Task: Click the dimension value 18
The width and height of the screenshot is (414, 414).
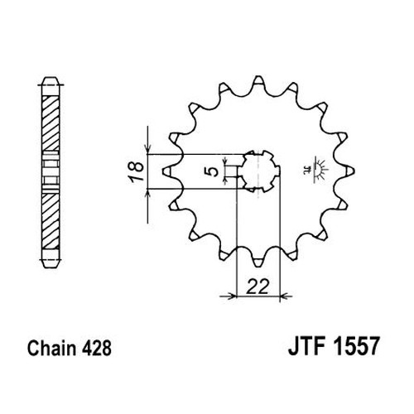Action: (x=137, y=171)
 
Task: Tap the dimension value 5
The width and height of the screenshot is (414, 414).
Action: (x=211, y=171)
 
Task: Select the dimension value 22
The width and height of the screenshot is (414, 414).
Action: (x=258, y=286)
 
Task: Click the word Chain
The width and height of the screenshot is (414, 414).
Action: (x=51, y=348)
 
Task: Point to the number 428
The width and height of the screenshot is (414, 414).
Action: (x=96, y=348)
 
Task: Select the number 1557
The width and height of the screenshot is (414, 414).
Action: (x=357, y=346)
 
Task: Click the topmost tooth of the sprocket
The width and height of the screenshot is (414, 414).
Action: (x=258, y=80)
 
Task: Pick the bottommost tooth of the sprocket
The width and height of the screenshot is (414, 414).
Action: (x=258, y=262)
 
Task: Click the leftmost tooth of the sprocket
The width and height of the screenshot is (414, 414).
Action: (x=166, y=171)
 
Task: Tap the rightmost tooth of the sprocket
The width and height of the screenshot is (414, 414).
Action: (x=349, y=171)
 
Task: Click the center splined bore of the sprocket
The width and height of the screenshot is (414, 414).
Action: (x=258, y=171)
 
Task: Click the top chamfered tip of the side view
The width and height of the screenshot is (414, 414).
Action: (x=51, y=81)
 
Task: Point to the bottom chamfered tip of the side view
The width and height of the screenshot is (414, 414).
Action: (x=51, y=263)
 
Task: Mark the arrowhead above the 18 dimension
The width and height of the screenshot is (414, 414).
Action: (x=148, y=149)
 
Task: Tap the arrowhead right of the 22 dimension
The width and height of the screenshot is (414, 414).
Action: (x=285, y=296)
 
